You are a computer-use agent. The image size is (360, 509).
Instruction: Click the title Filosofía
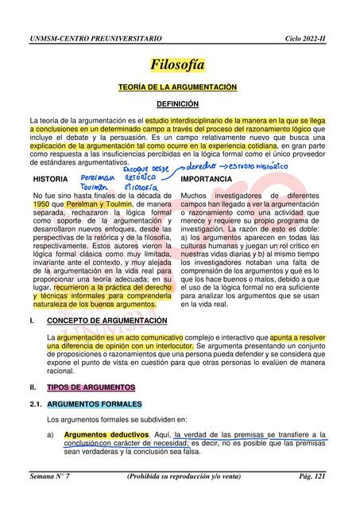178,64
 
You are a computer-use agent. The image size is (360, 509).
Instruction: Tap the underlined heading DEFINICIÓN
178,104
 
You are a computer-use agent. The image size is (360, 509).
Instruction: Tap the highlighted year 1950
41,204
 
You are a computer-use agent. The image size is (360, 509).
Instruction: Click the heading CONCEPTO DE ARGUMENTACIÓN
107,321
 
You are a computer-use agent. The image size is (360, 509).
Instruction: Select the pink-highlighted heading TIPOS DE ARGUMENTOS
91,387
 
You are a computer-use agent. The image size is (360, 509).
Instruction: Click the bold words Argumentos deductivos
106,435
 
